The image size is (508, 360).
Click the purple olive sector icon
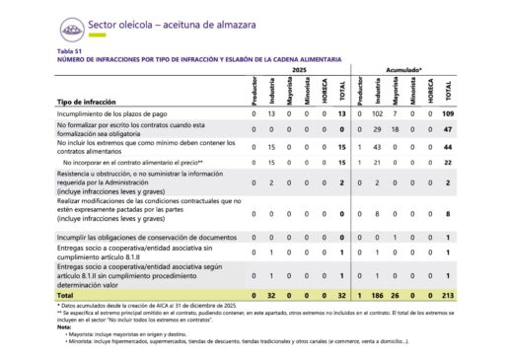point(71,28)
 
